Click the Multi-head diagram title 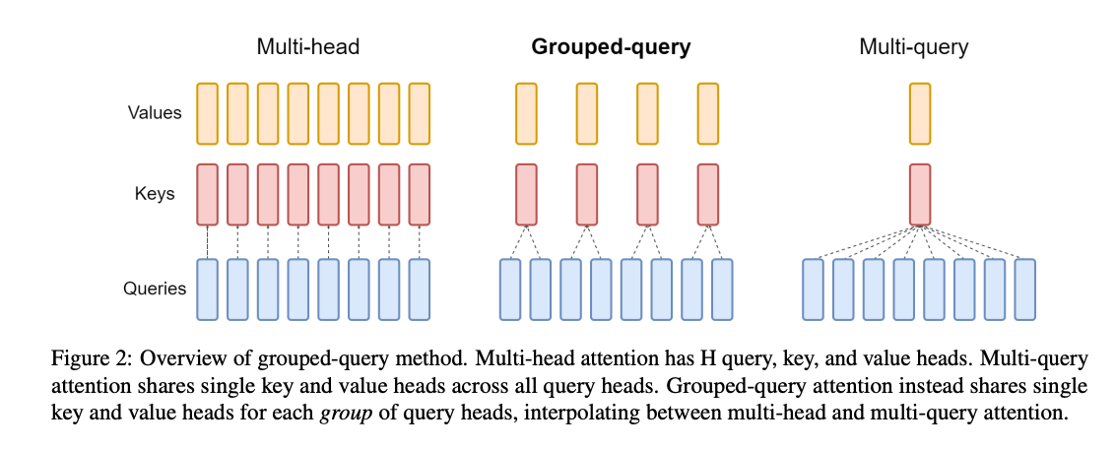tap(308, 46)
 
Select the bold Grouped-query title tap(611, 46)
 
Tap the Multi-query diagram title tap(913, 46)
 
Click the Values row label tap(155, 112)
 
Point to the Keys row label tap(155, 193)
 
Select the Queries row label tap(155, 289)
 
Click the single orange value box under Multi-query tap(920, 113)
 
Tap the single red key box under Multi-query tap(920, 194)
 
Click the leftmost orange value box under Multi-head tap(207, 113)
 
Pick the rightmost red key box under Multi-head tap(420, 194)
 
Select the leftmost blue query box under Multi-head tap(207, 289)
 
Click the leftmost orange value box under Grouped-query tap(527, 113)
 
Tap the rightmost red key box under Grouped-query tap(708, 194)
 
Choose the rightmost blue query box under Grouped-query tap(723, 289)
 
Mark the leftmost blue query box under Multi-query tap(814, 289)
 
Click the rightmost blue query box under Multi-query tap(1025, 289)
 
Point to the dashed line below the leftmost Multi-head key tap(207, 242)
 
